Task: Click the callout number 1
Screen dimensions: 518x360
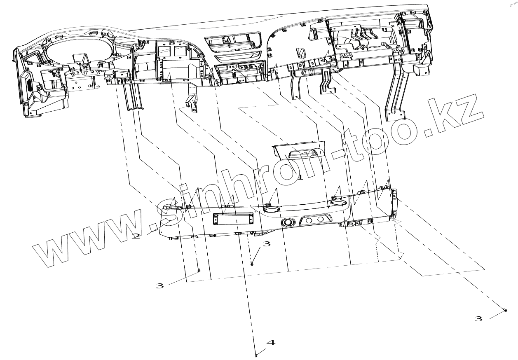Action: tap(300, 178)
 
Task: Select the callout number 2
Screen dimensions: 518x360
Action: tap(136, 236)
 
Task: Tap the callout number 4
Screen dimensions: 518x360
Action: tap(271, 342)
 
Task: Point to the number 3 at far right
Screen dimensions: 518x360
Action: tap(478, 319)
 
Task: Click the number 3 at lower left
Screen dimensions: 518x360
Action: tap(159, 285)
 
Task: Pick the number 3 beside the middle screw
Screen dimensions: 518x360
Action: tap(267, 244)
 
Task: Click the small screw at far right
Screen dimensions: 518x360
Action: tap(506, 310)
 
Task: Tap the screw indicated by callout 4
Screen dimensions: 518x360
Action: tap(256, 355)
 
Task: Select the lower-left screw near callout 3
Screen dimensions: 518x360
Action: tap(199, 271)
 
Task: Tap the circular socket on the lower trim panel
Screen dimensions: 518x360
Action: tap(287, 222)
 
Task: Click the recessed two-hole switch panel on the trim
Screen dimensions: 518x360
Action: tap(316, 220)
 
